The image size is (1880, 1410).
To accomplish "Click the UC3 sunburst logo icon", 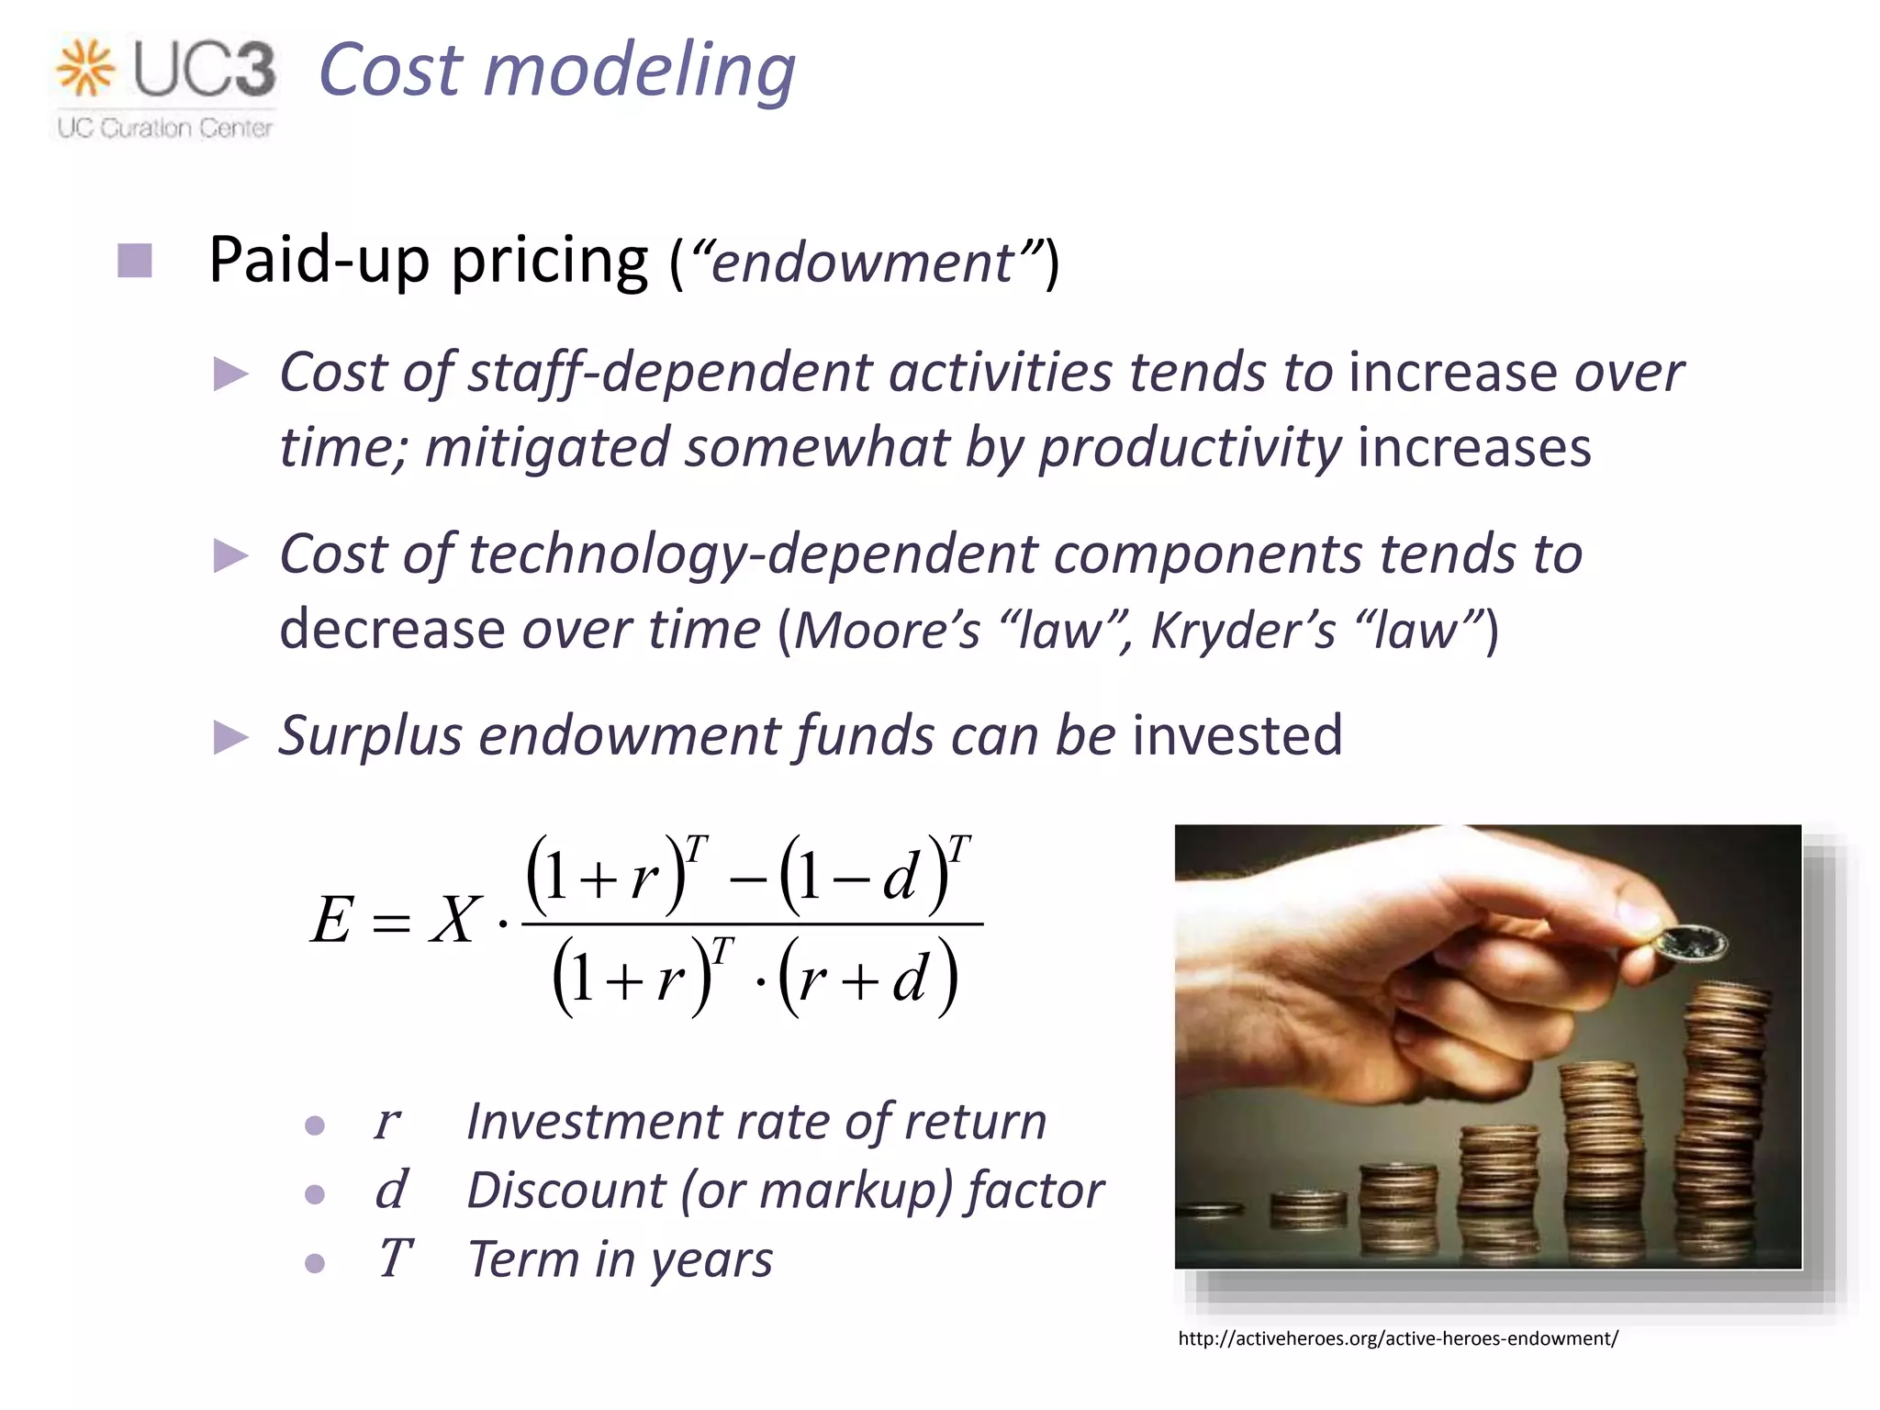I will coord(85,68).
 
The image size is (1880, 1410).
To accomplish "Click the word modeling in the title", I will coord(639,72).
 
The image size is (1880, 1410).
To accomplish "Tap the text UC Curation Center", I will coord(165,129).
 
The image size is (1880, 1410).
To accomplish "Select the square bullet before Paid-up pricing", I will coord(135,262).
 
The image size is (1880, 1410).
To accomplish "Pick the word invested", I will coord(1237,736).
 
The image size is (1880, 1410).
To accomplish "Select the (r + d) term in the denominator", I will coord(867,979).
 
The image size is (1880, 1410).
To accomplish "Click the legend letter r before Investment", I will coord(387,1122).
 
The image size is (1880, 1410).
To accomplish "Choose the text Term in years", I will coord(621,1259).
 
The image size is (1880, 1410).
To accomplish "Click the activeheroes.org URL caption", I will coord(1397,1339).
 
